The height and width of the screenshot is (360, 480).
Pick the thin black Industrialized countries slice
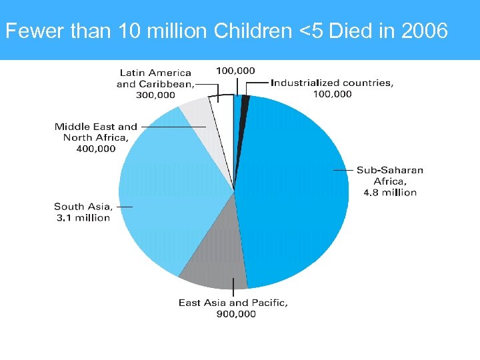pos(245,101)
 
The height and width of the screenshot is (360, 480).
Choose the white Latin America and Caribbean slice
pos(219,107)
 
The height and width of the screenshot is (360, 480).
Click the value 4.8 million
pos(389,193)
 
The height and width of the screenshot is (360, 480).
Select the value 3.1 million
pos(82,218)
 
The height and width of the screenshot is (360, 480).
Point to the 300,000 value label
pos(155,95)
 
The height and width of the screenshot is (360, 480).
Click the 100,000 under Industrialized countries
pos(332,94)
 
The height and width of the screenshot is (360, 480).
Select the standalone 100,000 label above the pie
pos(235,70)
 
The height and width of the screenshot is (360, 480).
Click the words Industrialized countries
pos(332,83)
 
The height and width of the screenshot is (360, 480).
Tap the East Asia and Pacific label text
pos(233,303)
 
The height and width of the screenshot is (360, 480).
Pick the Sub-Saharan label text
pos(389,170)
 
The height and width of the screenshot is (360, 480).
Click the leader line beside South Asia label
pos(124,207)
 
